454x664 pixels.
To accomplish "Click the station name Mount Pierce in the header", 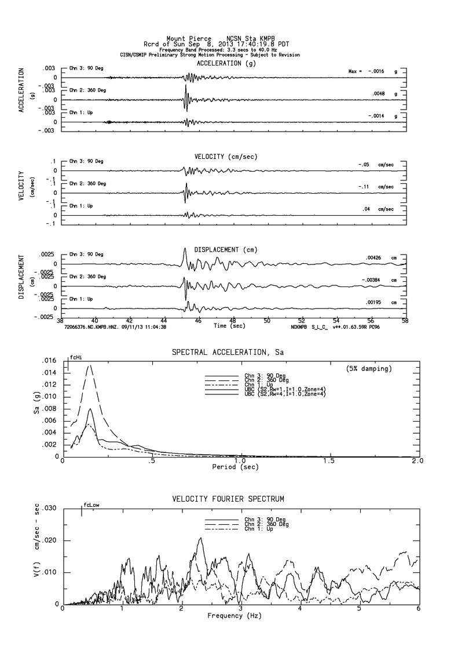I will click(189, 39).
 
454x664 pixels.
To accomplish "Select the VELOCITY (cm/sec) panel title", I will click(226, 157).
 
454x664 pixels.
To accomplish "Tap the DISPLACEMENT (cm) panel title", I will click(226, 250).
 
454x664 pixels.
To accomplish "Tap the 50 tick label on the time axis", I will click(267, 320).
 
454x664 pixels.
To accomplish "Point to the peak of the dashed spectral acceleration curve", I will click(89, 365).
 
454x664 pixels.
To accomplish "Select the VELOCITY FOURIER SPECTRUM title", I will click(228, 499).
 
